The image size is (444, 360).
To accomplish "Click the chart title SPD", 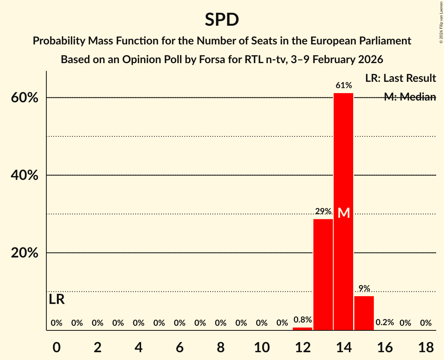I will (x=222, y=19).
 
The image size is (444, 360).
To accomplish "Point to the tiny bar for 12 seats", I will (x=302, y=329).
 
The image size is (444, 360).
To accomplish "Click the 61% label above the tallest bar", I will (x=343, y=85).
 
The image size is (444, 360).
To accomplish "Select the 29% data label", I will (x=323, y=212).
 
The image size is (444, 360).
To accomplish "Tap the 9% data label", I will (x=364, y=288).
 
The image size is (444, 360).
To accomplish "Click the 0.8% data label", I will (x=302, y=320).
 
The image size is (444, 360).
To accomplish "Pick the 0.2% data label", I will (x=384, y=323).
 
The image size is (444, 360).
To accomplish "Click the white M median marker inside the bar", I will (x=343, y=213).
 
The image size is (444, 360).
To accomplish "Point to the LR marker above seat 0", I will (x=57, y=299).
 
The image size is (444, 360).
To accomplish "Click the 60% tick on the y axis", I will (x=24, y=98).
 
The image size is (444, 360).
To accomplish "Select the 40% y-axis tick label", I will (x=24, y=175).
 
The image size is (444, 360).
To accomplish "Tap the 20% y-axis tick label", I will (x=24, y=253).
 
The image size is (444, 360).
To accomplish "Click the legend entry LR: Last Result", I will (x=400, y=78).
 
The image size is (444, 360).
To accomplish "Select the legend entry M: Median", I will (x=410, y=97).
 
